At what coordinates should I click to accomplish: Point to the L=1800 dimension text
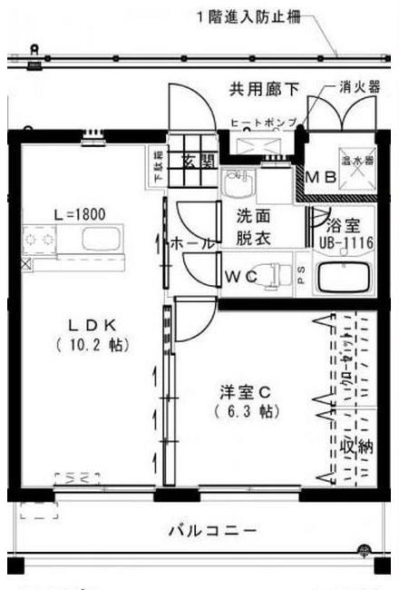[80, 215]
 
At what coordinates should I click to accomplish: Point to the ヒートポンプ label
[259, 120]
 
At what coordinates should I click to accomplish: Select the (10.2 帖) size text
[91, 345]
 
